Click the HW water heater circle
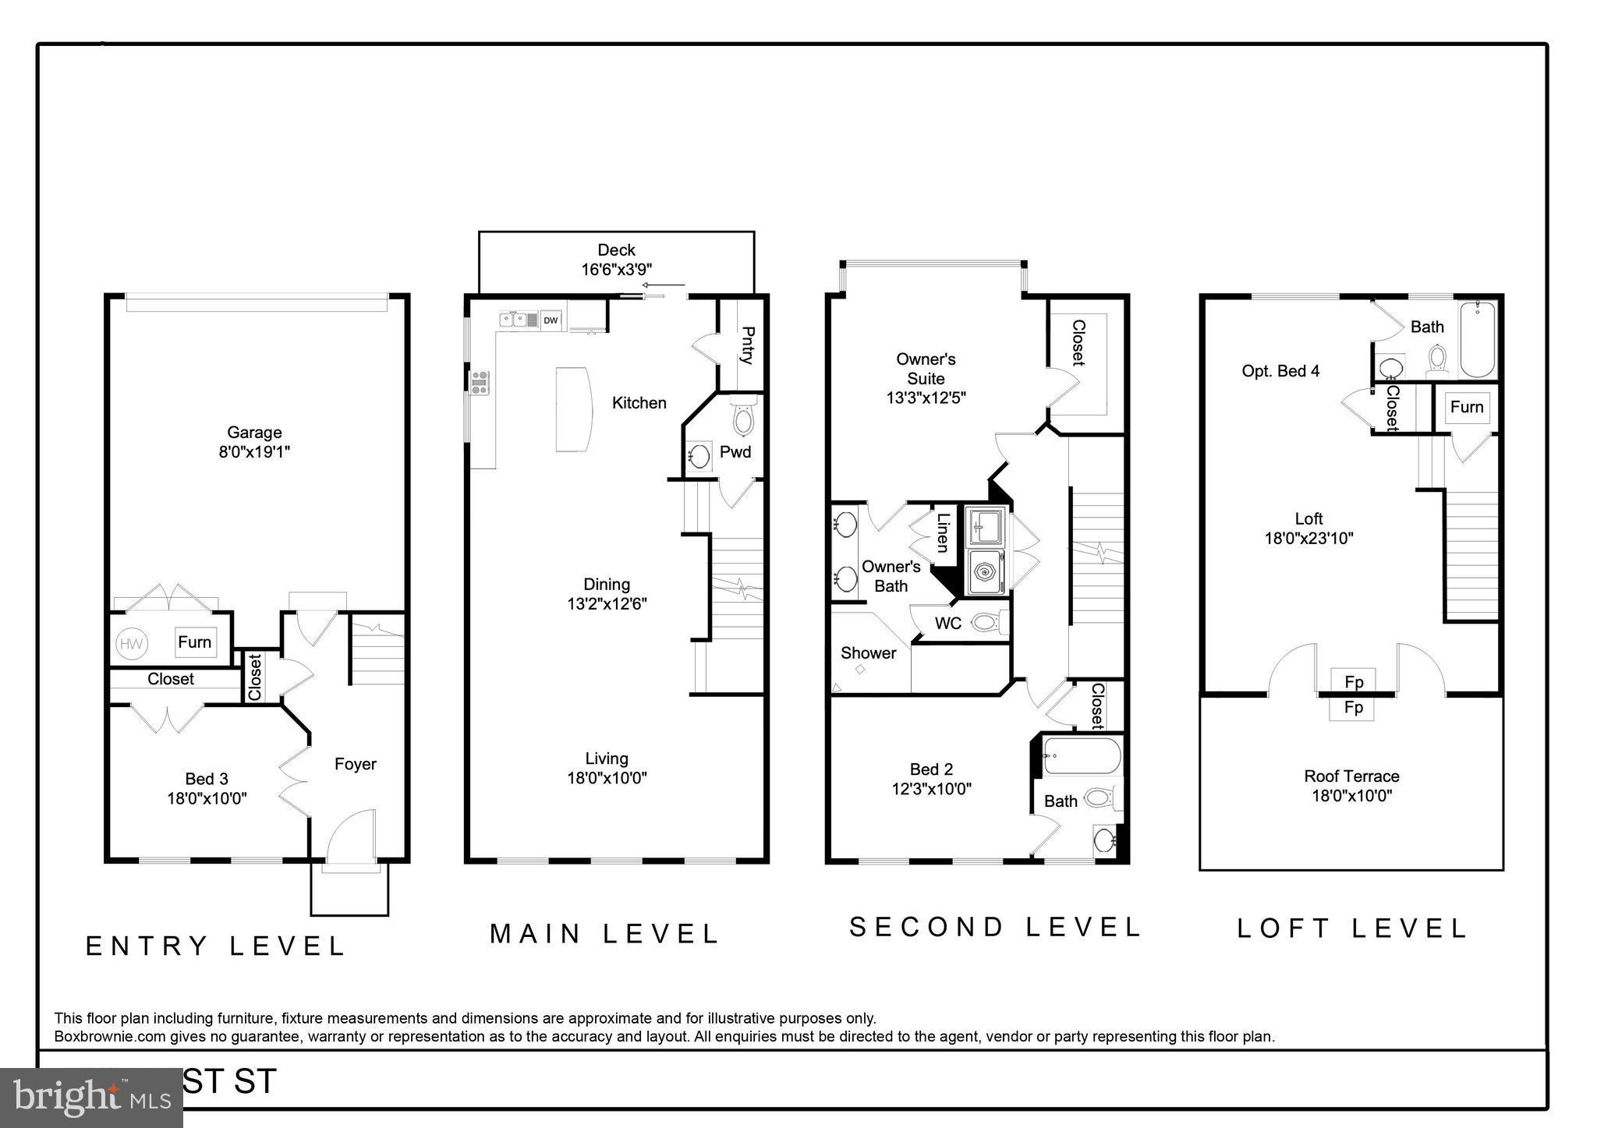[131, 644]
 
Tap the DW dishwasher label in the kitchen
[551, 320]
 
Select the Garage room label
[254, 433]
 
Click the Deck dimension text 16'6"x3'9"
[616, 269]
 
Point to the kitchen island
[573, 409]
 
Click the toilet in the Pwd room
[744, 418]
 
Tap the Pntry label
[746, 345]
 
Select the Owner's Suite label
[926, 369]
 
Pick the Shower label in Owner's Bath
[868, 653]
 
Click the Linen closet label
[943, 532]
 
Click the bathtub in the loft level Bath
[1478, 340]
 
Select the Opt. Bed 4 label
[1280, 371]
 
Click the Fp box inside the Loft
[1354, 681]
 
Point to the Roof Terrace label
[1351, 776]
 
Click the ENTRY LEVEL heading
[215, 946]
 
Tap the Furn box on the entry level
[194, 642]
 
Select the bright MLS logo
[92, 1098]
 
